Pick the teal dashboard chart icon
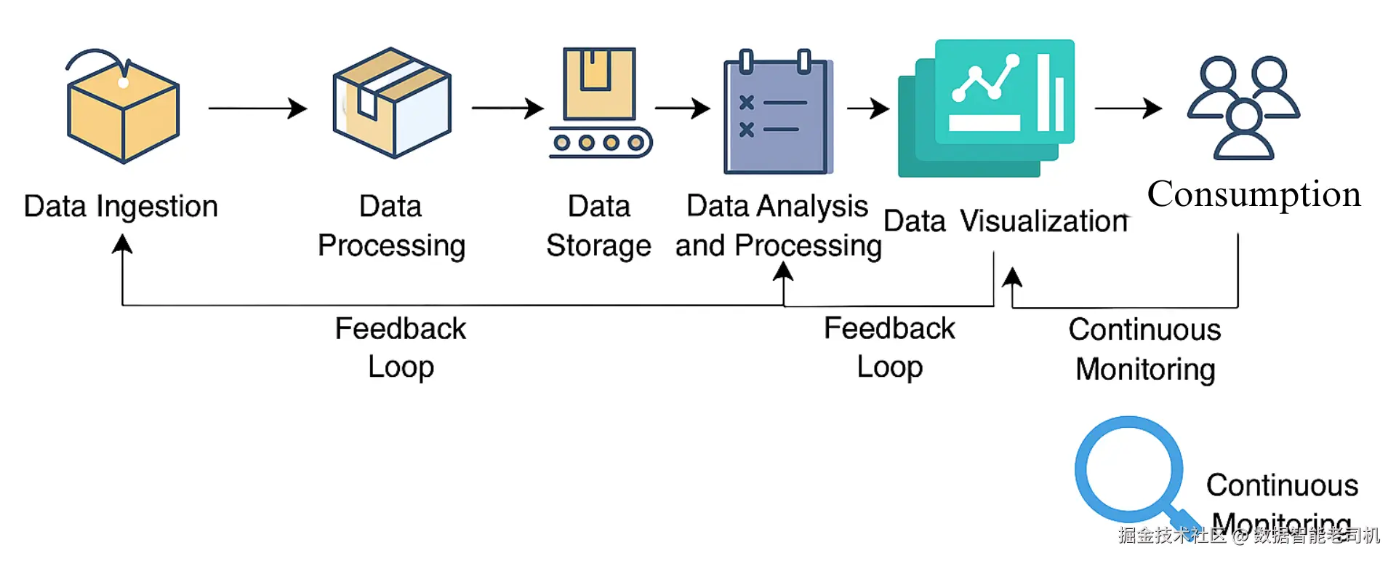[987, 108]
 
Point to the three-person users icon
[1243, 108]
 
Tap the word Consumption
[1253, 194]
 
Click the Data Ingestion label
[121, 207]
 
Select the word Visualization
[1044, 221]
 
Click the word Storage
[598, 246]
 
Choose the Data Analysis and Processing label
[778, 226]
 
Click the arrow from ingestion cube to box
[257, 108]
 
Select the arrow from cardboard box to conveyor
[508, 108]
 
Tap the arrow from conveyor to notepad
[682, 108]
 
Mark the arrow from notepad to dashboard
[868, 108]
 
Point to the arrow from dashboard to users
[1128, 108]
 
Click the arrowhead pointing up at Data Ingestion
[122, 244]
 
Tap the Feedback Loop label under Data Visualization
[889, 348]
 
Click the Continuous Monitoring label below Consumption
[1145, 349]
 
